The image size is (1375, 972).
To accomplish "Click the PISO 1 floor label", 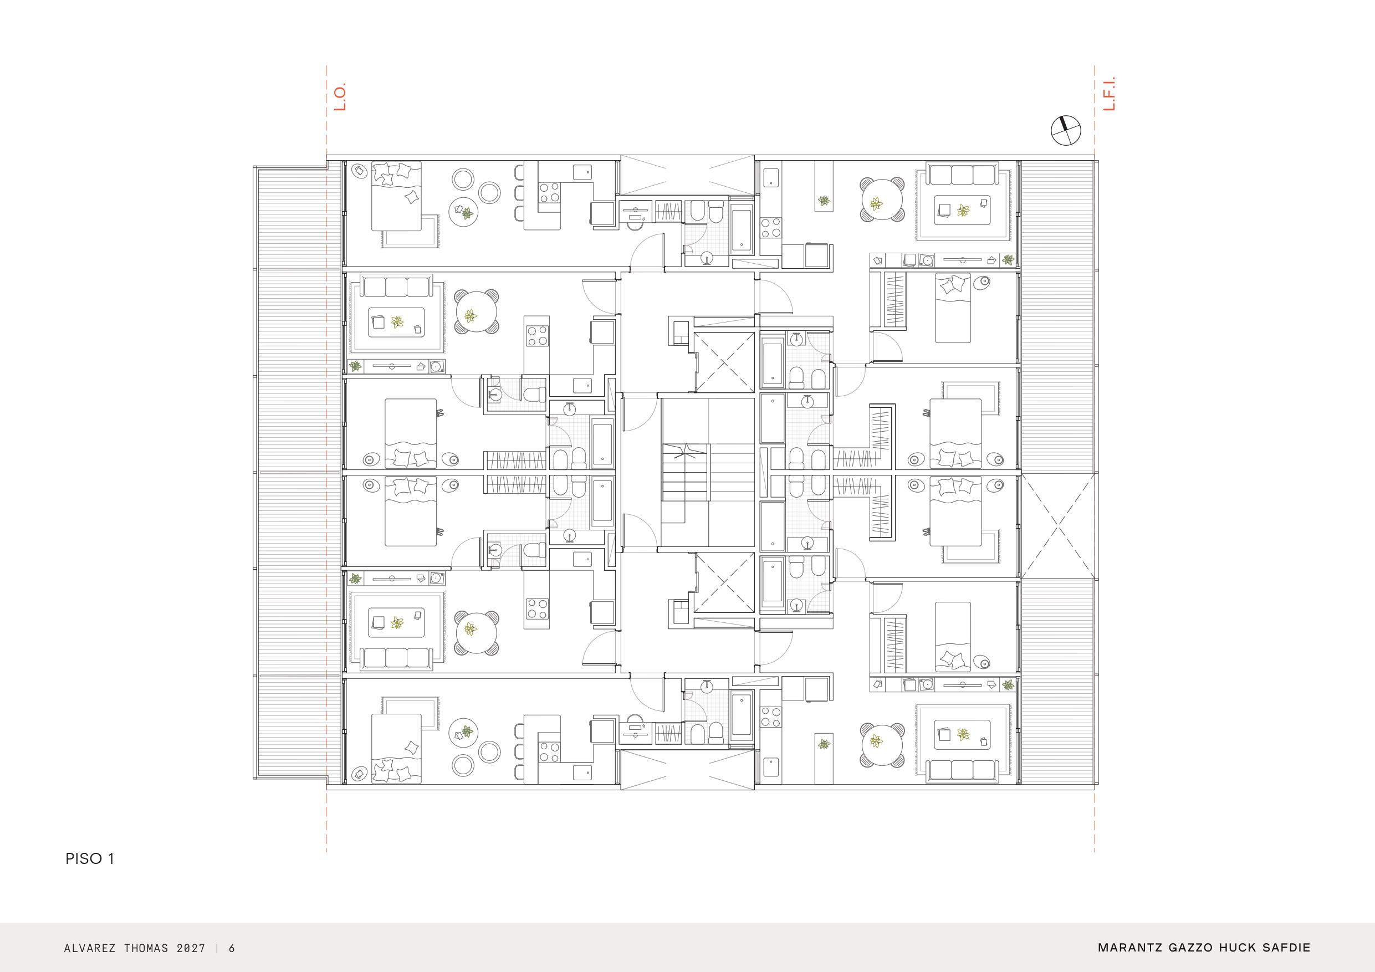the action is coord(90,859).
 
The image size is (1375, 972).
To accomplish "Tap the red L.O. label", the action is coord(340,97).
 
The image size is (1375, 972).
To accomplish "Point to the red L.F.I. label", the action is coord(1109,97).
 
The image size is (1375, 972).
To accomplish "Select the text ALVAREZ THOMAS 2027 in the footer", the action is coord(135,948).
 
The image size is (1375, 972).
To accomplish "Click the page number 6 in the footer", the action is coord(232,948).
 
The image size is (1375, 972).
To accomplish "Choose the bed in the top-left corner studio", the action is coord(396,196).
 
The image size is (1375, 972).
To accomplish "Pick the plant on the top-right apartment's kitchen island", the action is coord(825,201).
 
